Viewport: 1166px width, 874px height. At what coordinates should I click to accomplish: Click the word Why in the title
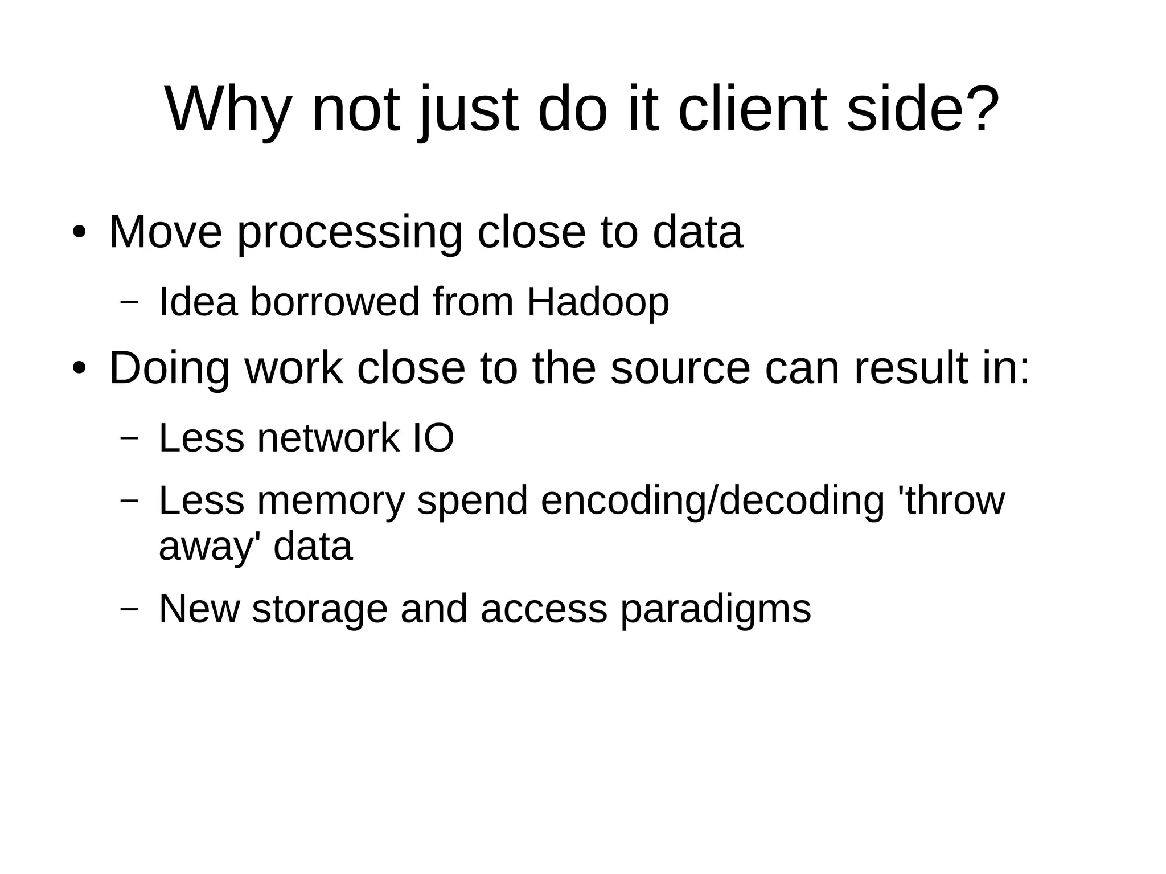[x=227, y=110]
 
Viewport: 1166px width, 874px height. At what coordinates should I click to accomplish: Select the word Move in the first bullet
[x=165, y=232]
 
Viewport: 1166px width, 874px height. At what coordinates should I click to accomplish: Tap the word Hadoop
[x=598, y=302]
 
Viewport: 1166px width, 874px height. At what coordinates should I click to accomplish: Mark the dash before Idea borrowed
[x=129, y=302]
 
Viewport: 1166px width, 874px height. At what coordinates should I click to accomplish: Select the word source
[x=680, y=369]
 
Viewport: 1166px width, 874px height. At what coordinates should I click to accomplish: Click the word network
[x=329, y=438]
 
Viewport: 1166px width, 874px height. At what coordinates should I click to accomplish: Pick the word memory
[x=330, y=501]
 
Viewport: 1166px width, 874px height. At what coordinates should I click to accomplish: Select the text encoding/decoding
[x=712, y=501]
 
